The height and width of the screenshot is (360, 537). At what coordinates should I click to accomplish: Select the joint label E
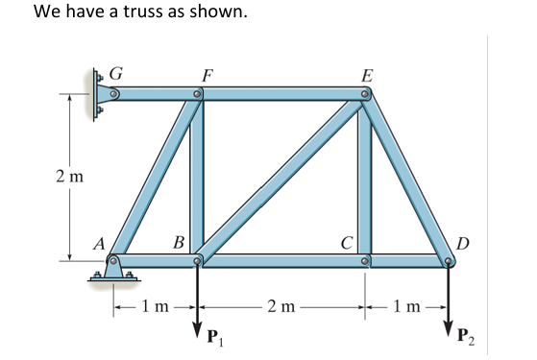click(x=366, y=73)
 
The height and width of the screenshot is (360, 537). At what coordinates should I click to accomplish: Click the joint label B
click(x=179, y=240)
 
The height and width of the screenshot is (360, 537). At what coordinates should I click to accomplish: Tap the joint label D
click(x=464, y=240)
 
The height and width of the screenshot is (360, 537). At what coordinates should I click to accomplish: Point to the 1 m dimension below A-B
click(x=154, y=307)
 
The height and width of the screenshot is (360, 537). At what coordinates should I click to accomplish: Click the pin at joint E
click(x=366, y=95)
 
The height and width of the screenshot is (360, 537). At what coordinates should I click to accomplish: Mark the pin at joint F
click(x=197, y=95)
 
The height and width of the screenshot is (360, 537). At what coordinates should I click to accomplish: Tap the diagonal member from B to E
click(x=281, y=178)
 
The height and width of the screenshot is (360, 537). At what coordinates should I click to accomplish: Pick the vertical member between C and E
click(x=366, y=178)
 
